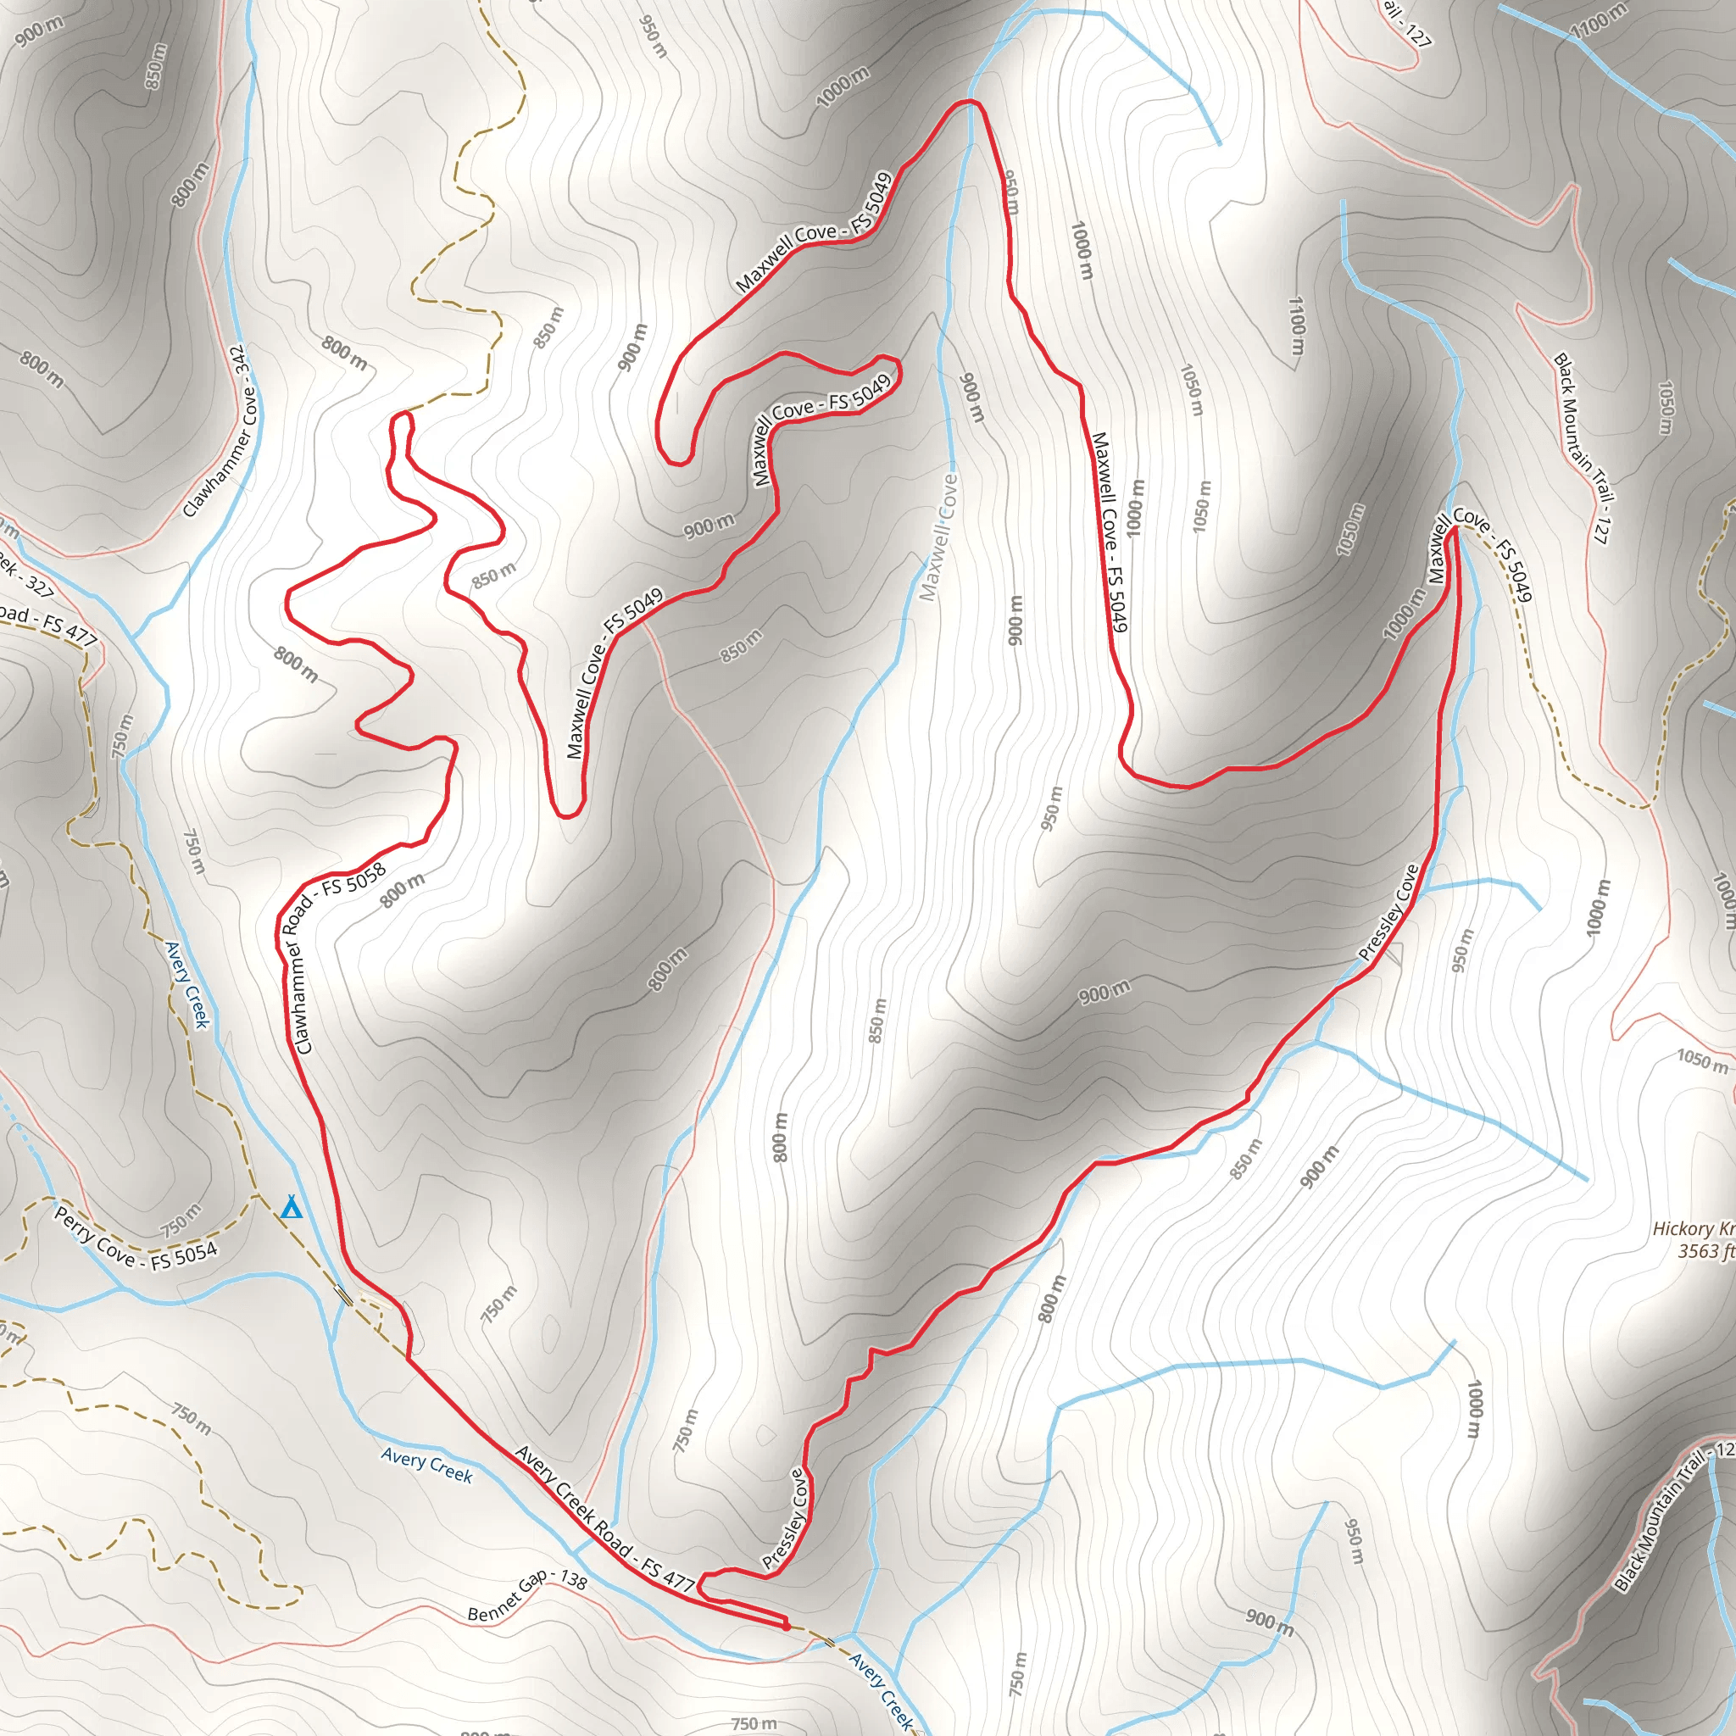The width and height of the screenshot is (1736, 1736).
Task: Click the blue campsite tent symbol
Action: click(290, 1208)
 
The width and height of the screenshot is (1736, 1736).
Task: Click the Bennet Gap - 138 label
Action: click(527, 1594)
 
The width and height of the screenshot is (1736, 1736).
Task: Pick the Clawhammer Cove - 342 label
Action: click(220, 432)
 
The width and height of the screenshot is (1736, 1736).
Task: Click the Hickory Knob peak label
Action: click(1693, 1228)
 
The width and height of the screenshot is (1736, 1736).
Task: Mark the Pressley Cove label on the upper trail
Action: click(1389, 912)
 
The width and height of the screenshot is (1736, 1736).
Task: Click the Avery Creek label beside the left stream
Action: click(186, 984)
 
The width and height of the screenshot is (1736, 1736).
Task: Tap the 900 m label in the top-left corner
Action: click(40, 31)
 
